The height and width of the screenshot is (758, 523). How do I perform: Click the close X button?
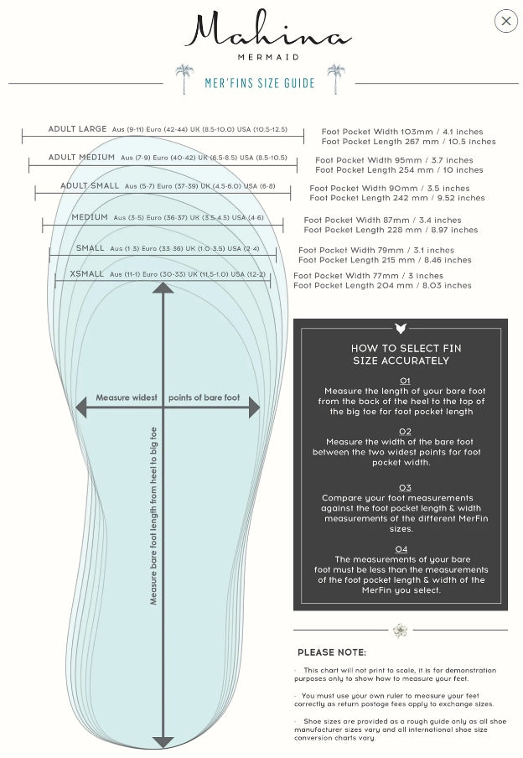(x=506, y=21)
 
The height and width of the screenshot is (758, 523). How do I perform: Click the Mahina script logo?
(x=267, y=31)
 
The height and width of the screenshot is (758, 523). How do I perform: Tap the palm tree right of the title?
(x=335, y=79)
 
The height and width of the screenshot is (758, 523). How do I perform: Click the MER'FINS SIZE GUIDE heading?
(x=260, y=83)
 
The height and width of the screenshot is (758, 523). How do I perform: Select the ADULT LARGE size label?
(x=77, y=129)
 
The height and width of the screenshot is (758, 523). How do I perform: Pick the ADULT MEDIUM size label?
(x=81, y=158)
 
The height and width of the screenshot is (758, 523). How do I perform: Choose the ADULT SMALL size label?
(x=90, y=186)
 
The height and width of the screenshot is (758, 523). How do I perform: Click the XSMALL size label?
(x=87, y=274)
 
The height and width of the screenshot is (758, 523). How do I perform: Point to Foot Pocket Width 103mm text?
(x=401, y=132)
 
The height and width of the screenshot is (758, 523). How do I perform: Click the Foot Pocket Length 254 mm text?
(x=399, y=170)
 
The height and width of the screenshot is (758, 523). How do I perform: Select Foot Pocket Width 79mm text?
(x=375, y=250)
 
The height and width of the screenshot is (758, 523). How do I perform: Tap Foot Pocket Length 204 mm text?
(x=382, y=286)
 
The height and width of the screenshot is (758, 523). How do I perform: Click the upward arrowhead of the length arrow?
(x=163, y=288)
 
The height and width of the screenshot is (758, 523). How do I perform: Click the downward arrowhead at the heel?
(x=163, y=741)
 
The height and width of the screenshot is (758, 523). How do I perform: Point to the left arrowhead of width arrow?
(x=81, y=408)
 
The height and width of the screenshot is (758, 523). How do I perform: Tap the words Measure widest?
(x=127, y=397)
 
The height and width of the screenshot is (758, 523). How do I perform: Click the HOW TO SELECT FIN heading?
(x=406, y=348)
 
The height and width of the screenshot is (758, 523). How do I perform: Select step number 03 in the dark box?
(x=405, y=487)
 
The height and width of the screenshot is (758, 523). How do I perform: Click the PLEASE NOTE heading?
(x=332, y=652)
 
